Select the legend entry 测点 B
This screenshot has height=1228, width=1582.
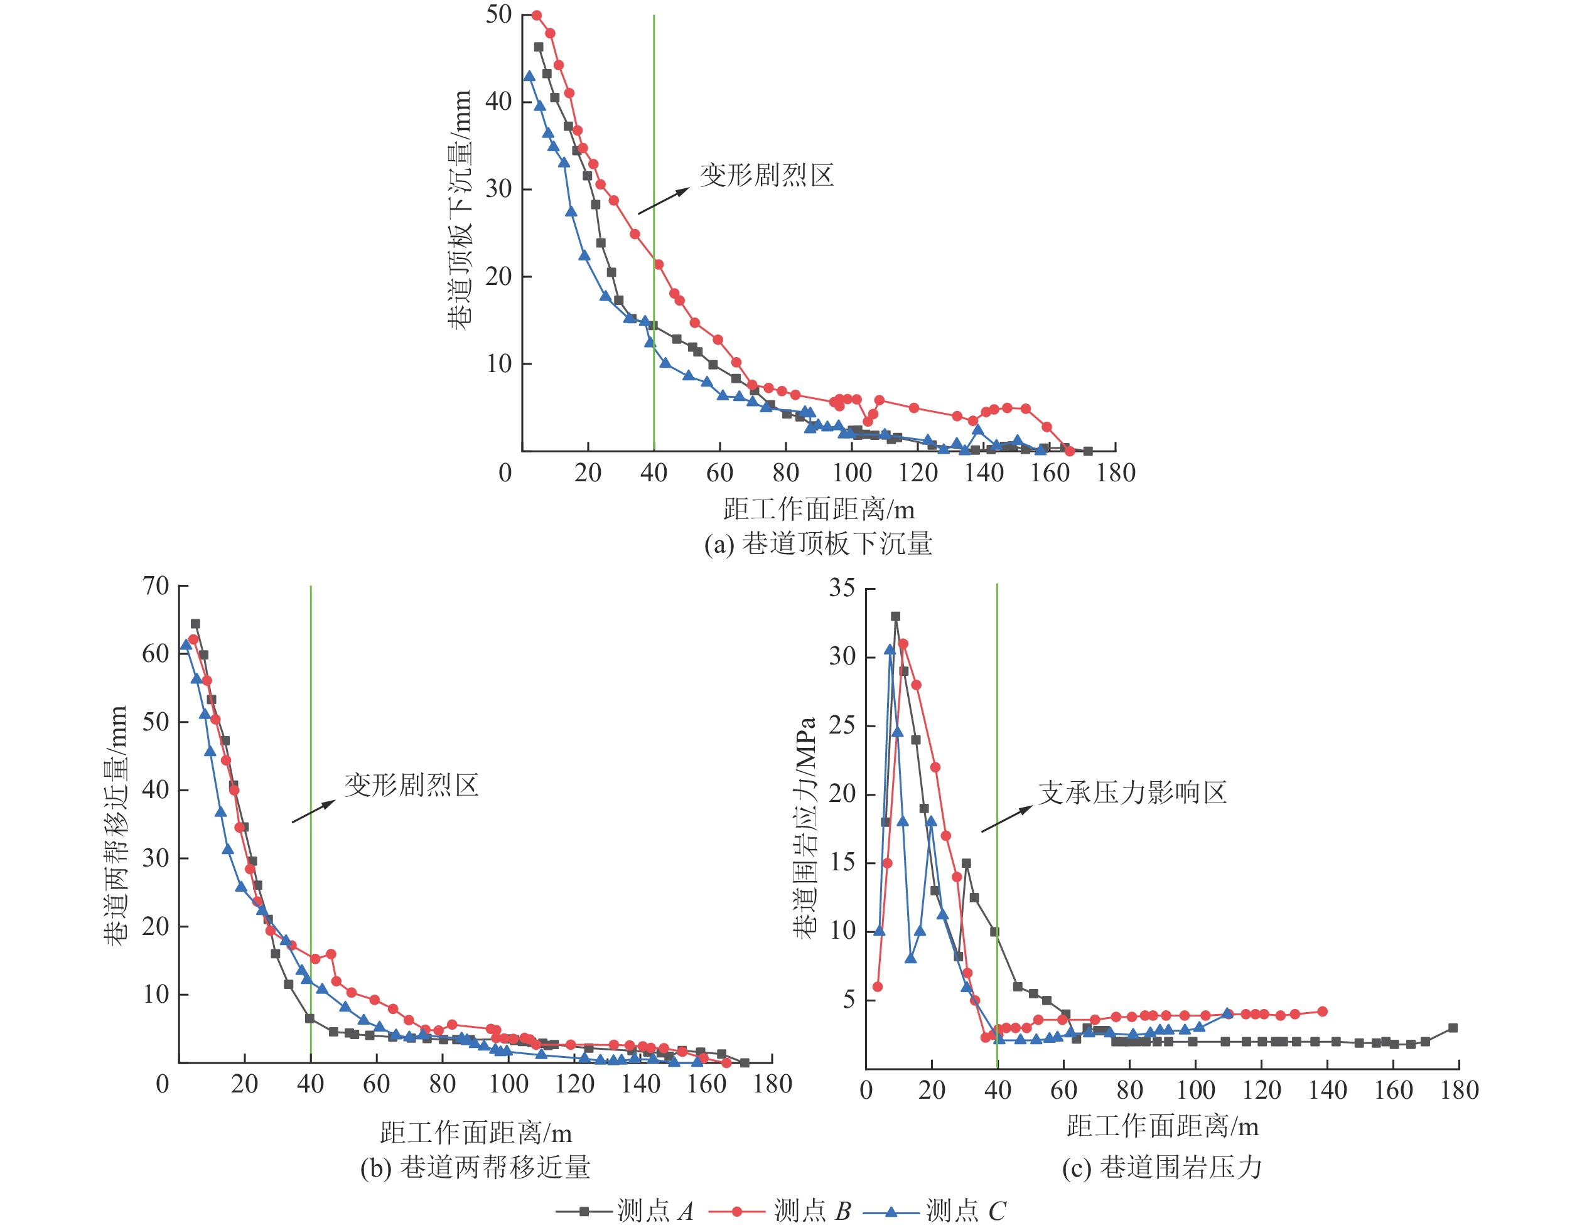[x=780, y=1210]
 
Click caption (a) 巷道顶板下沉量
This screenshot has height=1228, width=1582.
[x=818, y=543]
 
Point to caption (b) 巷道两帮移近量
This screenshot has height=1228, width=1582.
[x=475, y=1167]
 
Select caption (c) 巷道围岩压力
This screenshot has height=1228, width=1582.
[x=1162, y=1167]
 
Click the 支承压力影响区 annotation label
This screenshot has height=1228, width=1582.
[x=1132, y=793]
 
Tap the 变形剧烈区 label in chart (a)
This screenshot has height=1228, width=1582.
[x=767, y=174]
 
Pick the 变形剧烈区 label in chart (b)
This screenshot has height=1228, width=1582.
[x=411, y=785]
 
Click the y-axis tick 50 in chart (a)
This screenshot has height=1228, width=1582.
[x=499, y=14]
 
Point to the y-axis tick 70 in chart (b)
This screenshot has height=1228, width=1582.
[x=156, y=585]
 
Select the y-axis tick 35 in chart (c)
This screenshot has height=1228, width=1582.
[x=842, y=587]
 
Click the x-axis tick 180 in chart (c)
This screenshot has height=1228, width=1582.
[x=1459, y=1090]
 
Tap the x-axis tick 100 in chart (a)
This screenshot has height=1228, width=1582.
[x=852, y=473]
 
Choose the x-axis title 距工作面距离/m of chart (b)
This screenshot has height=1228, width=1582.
[x=475, y=1133]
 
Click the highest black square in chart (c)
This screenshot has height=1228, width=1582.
[x=895, y=616]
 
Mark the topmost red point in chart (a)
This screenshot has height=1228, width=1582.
[x=537, y=15]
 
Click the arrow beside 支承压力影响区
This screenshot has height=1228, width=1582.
[x=1008, y=818]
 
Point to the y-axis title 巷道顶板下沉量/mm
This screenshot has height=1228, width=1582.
[x=460, y=210]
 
